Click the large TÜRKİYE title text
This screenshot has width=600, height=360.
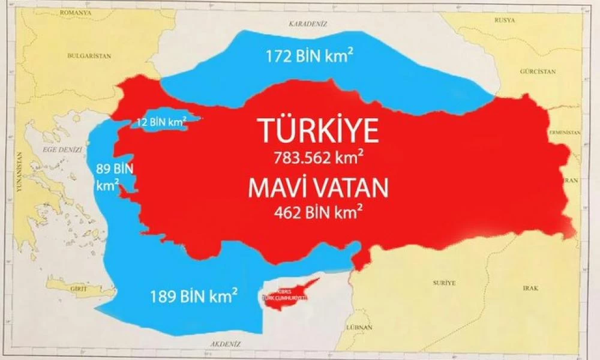(318, 130)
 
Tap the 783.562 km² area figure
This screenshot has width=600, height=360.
(319, 158)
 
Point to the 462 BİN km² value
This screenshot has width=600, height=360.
(318, 212)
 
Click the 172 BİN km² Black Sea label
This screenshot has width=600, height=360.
(309, 57)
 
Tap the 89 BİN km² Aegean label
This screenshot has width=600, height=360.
(108, 176)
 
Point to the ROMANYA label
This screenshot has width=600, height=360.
(71, 12)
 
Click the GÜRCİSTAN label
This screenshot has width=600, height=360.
(537, 71)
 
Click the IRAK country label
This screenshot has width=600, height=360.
(530, 288)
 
